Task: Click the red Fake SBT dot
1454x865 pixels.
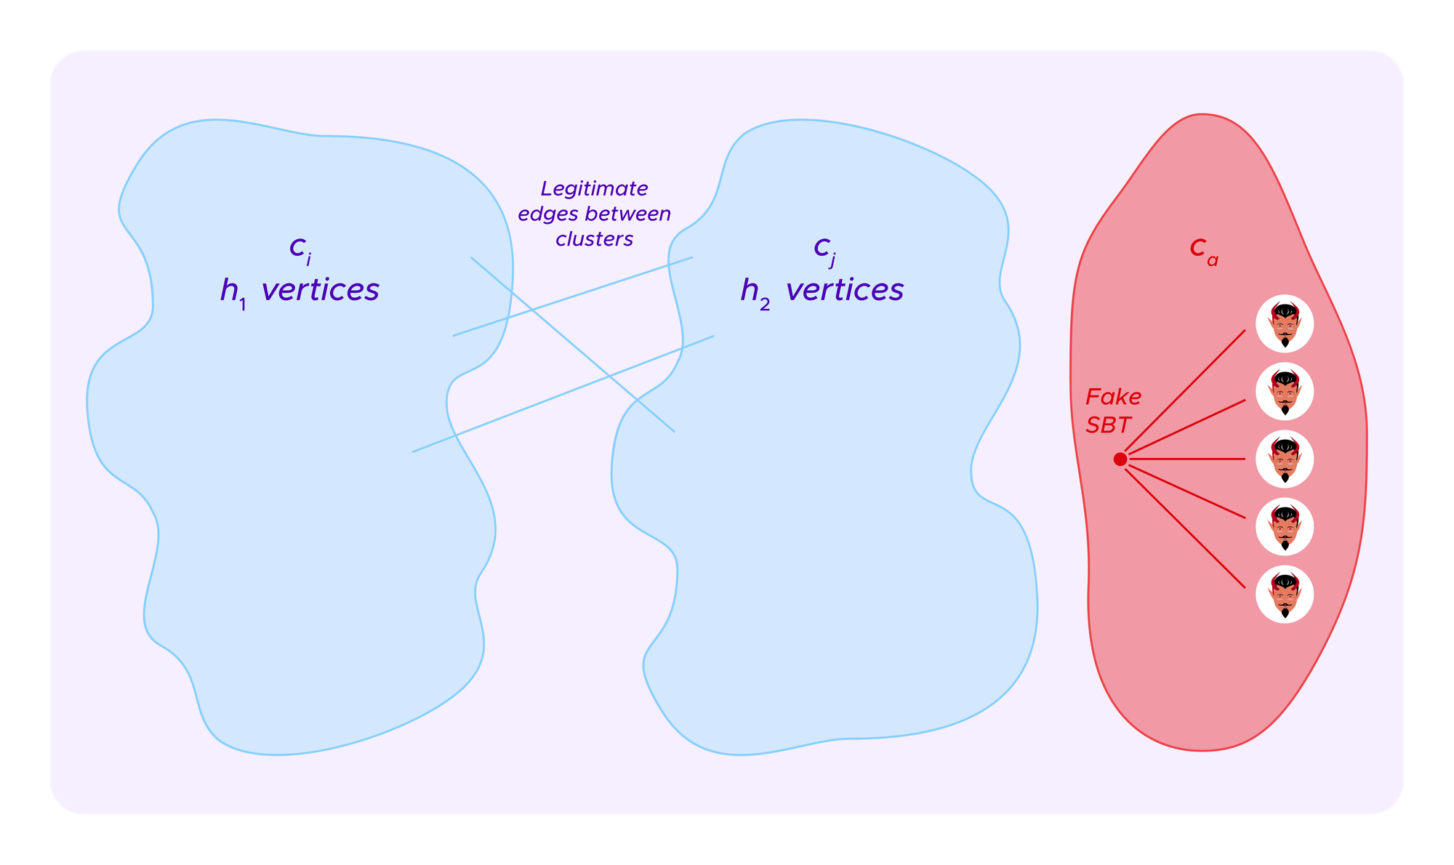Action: point(1120,459)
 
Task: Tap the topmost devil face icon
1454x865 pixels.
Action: point(1285,323)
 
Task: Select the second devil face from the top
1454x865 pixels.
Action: point(1285,391)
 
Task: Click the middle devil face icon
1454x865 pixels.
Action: point(1285,459)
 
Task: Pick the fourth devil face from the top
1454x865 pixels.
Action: point(1285,527)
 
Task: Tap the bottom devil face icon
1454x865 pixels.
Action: point(1285,595)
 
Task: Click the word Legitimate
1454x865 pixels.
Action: point(594,189)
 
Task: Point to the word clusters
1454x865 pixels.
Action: point(594,239)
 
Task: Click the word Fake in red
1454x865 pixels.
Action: point(1113,397)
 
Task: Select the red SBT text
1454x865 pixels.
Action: point(1108,425)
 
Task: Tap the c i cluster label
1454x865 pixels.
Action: point(300,249)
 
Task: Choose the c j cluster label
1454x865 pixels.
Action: point(824,249)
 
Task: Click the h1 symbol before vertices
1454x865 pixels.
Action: point(233,292)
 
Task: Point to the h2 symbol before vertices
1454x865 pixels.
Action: point(755,292)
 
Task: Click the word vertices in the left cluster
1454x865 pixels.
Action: point(320,290)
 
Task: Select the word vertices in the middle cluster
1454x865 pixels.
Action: point(845,290)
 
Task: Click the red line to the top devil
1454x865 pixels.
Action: point(1185,393)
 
